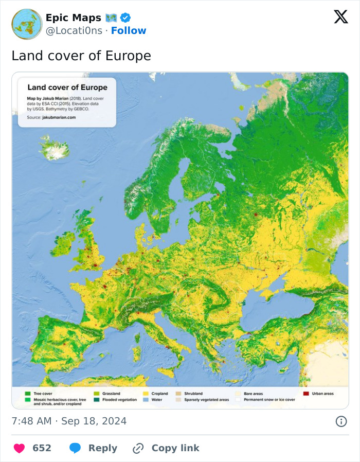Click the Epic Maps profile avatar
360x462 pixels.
click(x=27, y=24)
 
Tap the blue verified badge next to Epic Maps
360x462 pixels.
click(x=125, y=18)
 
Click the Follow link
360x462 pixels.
click(x=129, y=31)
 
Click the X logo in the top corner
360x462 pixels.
click(x=340, y=17)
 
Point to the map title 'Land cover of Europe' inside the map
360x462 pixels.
click(x=67, y=87)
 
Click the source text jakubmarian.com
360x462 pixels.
click(x=59, y=117)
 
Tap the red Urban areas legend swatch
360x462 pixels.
click(x=306, y=394)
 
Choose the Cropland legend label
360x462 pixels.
click(x=159, y=394)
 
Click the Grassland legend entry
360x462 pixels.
click(x=111, y=394)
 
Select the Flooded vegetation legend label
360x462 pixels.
click(x=119, y=400)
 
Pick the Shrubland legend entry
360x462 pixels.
click(x=193, y=394)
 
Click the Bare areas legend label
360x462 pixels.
click(x=254, y=394)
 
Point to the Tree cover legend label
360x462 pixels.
click(x=43, y=394)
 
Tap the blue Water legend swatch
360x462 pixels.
click(x=146, y=400)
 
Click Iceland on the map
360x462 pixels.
click(x=54, y=148)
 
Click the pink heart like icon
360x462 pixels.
click(x=19, y=448)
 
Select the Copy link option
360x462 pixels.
click(x=166, y=448)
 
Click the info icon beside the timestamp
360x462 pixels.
click(x=340, y=421)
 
